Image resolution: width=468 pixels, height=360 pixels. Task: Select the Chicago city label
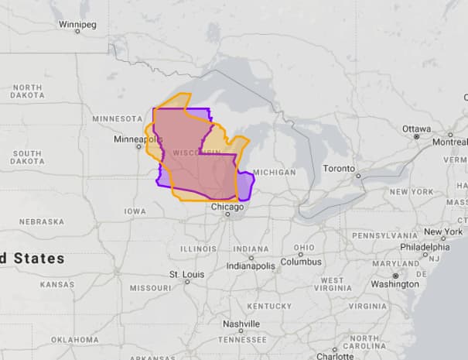pyautogui.click(x=228, y=207)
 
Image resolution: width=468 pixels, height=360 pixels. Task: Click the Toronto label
pyautogui.click(x=339, y=168)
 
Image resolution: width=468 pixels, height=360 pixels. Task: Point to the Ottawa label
pyautogui.click(x=416, y=128)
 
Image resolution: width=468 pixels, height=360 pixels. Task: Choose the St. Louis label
pyautogui.click(x=186, y=274)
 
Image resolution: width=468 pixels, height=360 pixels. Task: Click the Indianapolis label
pyautogui.click(x=251, y=266)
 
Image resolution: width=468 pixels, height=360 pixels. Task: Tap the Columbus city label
pyautogui.click(x=300, y=262)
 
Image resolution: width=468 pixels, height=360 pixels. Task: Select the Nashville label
pyautogui.click(x=241, y=324)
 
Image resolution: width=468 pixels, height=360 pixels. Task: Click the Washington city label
pyautogui.click(x=395, y=284)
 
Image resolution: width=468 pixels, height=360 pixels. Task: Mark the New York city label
pyautogui.click(x=442, y=231)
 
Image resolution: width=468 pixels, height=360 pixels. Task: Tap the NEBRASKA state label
pyautogui.click(x=42, y=221)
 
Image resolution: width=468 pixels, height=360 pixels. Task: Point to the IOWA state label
pyautogui.click(x=135, y=211)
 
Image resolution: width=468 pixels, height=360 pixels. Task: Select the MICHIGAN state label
pyautogui.click(x=274, y=172)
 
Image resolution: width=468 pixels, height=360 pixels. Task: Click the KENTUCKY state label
pyautogui.click(x=270, y=306)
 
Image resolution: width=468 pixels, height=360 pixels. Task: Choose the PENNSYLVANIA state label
pyautogui.click(x=384, y=235)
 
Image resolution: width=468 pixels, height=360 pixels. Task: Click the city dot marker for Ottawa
pyautogui.click(x=416, y=136)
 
